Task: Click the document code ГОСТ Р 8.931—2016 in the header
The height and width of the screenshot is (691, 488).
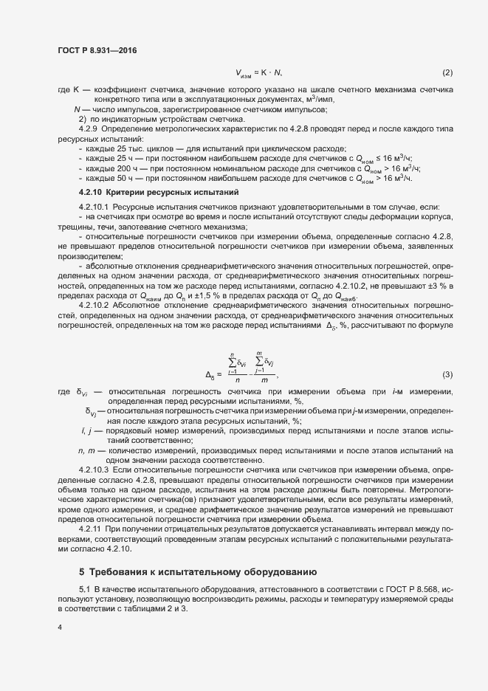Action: click(97, 50)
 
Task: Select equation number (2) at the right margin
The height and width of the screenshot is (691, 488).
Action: click(447, 72)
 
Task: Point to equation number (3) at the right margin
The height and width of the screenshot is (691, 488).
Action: click(447, 374)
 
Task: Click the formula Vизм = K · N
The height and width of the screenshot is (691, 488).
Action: click(259, 72)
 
